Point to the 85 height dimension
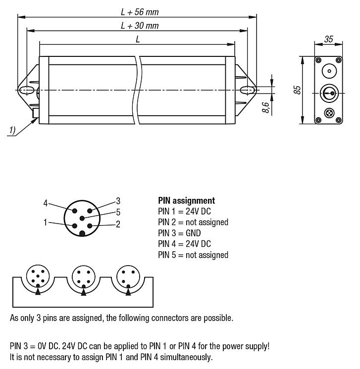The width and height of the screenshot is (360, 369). click(296, 90)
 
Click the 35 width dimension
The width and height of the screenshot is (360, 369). click(328, 39)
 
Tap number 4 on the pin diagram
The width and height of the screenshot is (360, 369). click(45, 203)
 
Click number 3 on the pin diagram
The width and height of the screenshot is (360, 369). click(118, 200)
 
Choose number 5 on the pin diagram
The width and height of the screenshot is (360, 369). click(118, 212)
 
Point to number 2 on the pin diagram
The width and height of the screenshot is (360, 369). click(118, 224)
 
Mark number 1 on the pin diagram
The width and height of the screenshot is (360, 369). click(45, 223)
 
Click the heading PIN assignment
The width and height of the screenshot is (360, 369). click(186, 201)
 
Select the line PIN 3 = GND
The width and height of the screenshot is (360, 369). click(179, 233)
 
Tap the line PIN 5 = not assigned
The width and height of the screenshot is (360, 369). click(193, 255)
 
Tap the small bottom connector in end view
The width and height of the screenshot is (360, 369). click(328, 113)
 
